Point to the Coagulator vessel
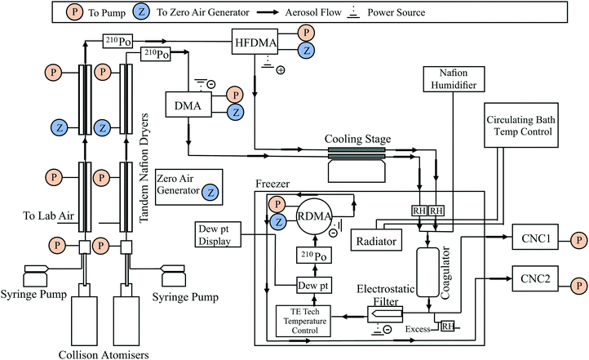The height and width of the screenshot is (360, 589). tap(427, 277)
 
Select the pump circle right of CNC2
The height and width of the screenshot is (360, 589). tap(578, 285)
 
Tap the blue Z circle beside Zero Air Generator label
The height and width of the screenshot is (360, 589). tap(210, 193)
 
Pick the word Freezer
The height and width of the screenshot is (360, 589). tap(272, 184)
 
